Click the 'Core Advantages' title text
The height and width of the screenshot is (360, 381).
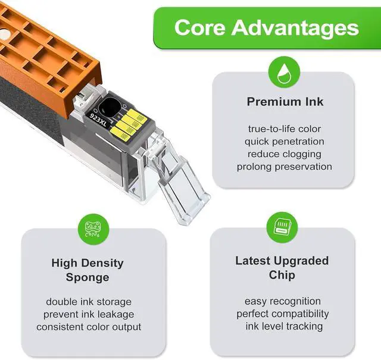tap(266, 27)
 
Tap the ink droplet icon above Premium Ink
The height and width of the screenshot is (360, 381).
tap(283, 73)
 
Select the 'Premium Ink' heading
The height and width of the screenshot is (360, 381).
tap(285, 102)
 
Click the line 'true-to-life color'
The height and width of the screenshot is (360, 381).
tap(285, 129)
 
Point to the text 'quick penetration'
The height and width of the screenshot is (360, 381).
tap(285, 142)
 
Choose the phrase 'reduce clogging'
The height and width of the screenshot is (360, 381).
tap(285, 154)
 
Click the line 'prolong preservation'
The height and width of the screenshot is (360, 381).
tap(285, 167)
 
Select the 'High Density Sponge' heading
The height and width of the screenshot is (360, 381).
tap(88, 270)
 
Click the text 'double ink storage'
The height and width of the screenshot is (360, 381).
tap(89, 302)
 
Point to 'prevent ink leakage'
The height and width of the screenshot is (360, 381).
tap(89, 314)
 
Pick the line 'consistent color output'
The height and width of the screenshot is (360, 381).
tap(89, 327)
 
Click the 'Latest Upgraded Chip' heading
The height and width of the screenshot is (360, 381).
tap(282, 268)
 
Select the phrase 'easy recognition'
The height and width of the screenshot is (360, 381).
tap(282, 301)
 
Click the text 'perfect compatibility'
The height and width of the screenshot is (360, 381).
tap(282, 314)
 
